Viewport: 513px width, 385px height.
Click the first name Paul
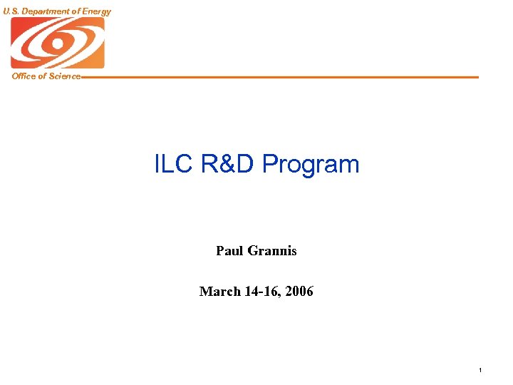click(229, 251)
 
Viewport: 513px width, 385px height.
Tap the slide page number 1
click(481, 370)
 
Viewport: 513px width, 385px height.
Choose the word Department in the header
click(45, 11)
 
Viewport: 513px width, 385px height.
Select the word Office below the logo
click(24, 76)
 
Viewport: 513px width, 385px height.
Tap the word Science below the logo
click(65, 76)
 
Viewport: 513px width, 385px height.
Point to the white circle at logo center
click(56, 43)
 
